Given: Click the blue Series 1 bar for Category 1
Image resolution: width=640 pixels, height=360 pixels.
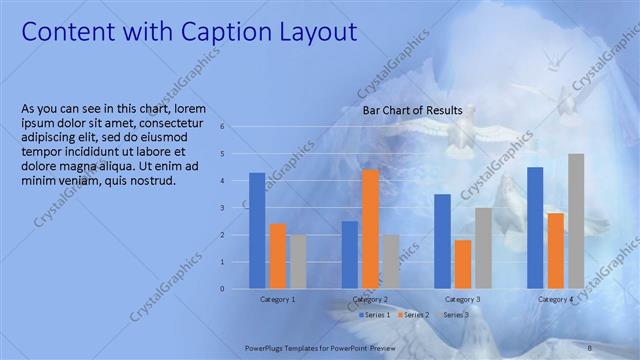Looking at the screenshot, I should [257, 231].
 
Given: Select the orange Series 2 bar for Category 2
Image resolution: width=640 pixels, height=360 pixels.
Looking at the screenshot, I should [370, 229].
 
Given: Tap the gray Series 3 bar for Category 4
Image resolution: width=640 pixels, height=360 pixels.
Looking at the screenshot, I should [576, 221].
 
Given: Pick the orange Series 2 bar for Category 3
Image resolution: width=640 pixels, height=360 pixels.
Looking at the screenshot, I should [462, 264].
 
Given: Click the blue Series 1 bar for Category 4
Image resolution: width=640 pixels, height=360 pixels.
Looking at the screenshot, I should [535, 228].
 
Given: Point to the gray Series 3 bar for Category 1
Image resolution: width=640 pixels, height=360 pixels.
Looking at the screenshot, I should [298, 262].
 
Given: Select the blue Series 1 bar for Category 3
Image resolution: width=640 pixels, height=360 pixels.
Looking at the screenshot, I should [442, 241].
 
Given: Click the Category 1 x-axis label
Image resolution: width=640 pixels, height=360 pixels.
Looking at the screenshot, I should [277, 299].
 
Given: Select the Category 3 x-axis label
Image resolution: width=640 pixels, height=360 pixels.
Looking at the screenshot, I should [462, 299].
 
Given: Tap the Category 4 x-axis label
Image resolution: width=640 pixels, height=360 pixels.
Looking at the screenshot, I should [555, 299].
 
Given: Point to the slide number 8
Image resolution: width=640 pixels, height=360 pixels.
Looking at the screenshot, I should [590, 346].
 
